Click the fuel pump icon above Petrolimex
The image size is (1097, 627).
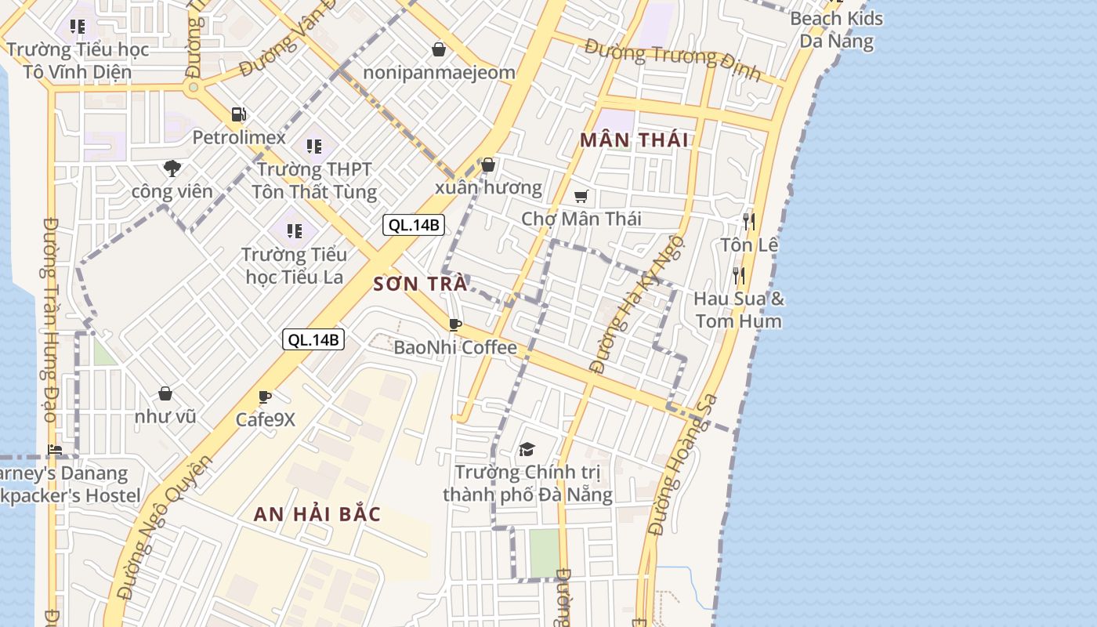pos(238,115)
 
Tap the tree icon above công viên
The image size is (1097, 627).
pos(172,168)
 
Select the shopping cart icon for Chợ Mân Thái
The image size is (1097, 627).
pos(581,196)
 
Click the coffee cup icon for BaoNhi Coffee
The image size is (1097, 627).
pos(454,324)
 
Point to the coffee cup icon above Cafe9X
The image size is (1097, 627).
pos(265,397)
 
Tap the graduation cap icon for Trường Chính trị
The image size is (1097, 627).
pos(527,449)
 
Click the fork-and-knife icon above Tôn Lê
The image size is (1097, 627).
pos(749,222)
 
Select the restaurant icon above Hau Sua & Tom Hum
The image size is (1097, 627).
pos(737,275)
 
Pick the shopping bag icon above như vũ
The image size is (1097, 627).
pos(165,393)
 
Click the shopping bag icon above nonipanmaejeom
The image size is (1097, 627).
pos(439,50)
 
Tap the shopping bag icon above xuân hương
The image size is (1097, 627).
pos(488,165)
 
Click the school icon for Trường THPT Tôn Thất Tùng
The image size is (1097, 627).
pos(314,146)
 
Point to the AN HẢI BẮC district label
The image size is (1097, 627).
pos(317,515)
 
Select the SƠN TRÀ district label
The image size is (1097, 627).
pos(420,284)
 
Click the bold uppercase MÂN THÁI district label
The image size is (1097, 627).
pos(634,140)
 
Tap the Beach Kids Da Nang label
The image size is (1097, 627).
pos(836,30)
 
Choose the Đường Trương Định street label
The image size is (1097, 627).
pos(672,60)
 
